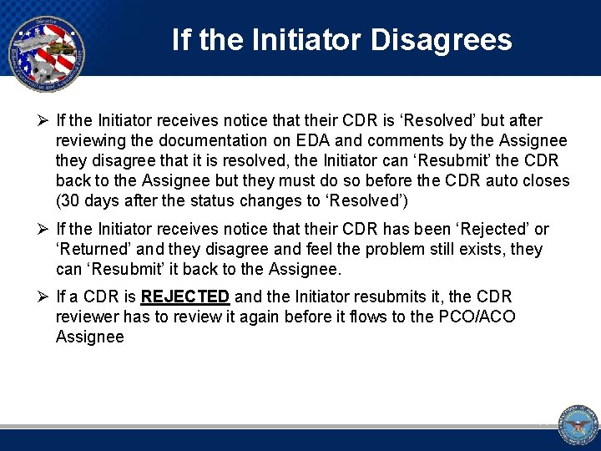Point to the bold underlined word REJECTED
(185, 296)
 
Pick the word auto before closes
(508, 180)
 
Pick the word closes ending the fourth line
(548, 180)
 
